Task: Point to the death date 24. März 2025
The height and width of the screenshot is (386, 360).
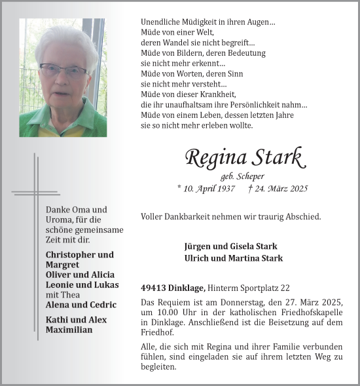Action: pos(281,189)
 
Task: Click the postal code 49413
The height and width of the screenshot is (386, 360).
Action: pos(154,288)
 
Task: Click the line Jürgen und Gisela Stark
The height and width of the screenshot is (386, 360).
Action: pos(231,246)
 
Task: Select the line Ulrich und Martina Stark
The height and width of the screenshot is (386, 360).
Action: pos(234,258)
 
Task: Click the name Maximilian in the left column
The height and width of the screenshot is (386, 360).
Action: pos(69,330)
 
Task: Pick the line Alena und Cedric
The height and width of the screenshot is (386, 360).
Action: pos(81,305)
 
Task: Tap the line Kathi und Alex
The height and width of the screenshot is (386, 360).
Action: pos(76,320)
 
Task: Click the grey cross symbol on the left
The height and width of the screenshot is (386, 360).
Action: pos(37,193)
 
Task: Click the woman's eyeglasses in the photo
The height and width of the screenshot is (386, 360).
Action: pos(63,69)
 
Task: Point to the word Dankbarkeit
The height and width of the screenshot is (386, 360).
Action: pos(190,216)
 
